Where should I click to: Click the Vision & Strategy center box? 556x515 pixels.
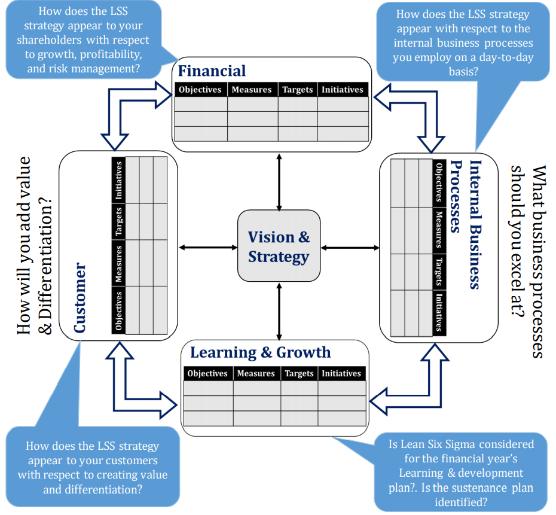click(279, 246)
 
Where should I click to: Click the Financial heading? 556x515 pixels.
click(212, 71)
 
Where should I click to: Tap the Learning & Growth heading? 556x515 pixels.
click(260, 352)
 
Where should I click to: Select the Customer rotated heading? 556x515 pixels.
click(80, 298)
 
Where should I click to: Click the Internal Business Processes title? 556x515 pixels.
click(467, 225)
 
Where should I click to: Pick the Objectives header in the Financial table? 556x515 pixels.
click(200, 90)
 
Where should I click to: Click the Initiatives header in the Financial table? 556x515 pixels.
click(342, 90)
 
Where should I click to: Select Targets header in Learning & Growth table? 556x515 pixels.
click(299, 373)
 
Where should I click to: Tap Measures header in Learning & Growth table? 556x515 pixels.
click(255, 373)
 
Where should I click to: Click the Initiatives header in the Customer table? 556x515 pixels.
click(118, 180)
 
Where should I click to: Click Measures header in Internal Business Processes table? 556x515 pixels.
click(439, 229)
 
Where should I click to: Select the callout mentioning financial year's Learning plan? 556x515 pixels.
click(460, 473)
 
